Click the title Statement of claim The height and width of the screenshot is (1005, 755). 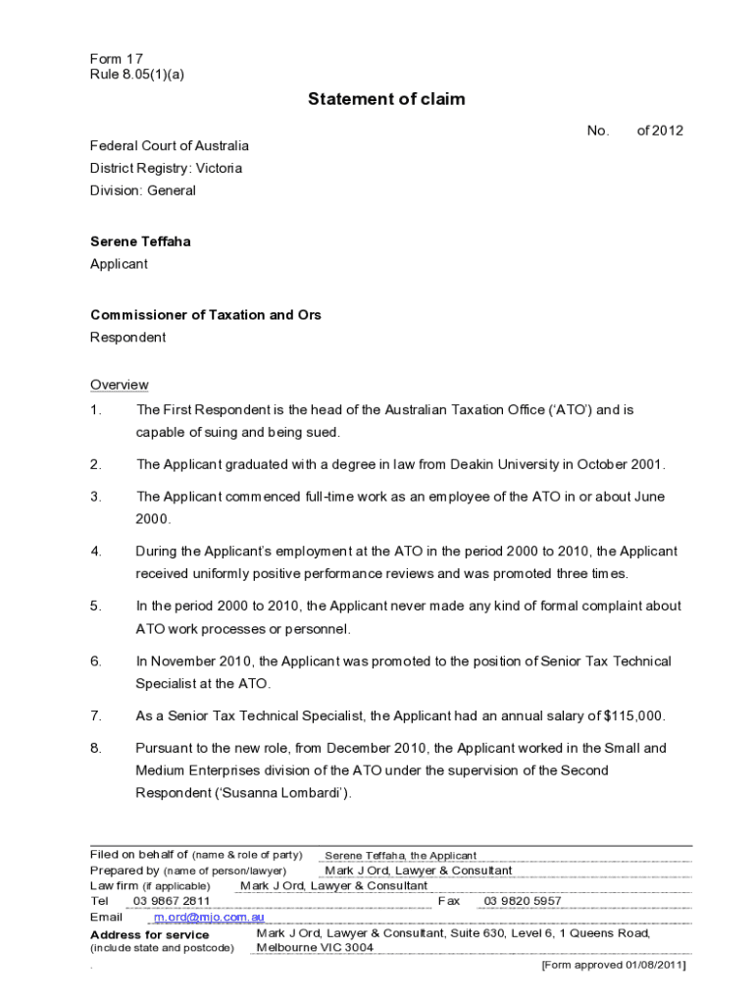(386, 99)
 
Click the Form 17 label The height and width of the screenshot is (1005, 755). (117, 59)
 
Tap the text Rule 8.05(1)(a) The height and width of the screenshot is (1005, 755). (136, 74)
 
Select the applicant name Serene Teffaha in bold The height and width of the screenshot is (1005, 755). (140, 241)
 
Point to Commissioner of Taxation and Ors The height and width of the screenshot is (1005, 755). (206, 315)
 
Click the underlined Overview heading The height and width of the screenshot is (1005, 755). (120, 385)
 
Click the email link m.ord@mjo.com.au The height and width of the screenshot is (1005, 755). (209, 917)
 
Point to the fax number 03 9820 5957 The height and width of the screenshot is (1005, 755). (523, 901)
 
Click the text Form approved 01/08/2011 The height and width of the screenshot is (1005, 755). (613, 965)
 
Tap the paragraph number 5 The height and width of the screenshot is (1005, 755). (96, 607)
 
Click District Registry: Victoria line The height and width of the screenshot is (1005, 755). (167, 168)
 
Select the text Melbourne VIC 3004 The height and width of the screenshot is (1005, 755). (315, 948)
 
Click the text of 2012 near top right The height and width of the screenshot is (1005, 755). (660, 131)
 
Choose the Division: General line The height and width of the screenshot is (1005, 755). (143, 190)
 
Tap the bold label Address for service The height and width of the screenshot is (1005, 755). (149, 934)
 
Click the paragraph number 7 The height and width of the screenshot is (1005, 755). (96, 716)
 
